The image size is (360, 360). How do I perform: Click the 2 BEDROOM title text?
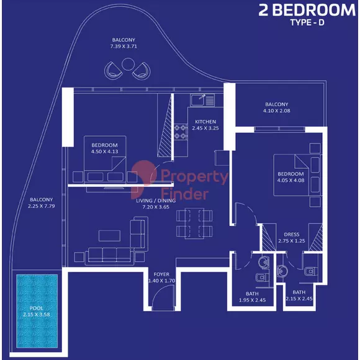point(307,10)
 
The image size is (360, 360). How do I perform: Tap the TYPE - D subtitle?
point(307,22)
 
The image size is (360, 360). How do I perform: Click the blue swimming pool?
point(37,311)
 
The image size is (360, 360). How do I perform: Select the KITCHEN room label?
point(205,122)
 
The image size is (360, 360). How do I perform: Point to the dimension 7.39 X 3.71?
point(124,46)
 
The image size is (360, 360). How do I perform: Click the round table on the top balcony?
point(128,64)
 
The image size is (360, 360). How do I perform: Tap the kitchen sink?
point(202,100)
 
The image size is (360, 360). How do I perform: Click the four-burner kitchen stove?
point(181,132)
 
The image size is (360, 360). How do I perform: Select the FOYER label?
point(161,274)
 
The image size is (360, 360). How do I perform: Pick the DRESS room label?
point(292,235)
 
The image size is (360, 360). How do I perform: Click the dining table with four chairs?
point(194,223)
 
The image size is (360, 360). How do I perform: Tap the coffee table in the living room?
point(109,236)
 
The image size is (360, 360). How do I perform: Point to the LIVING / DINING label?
point(156,200)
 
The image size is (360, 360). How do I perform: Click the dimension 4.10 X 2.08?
point(276,110)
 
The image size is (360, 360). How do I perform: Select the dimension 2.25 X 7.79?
point(42,206)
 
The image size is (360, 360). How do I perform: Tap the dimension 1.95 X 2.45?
point(252,300)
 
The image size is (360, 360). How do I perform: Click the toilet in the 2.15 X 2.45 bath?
point(310,272)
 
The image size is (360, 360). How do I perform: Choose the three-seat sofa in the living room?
point(109,255)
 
